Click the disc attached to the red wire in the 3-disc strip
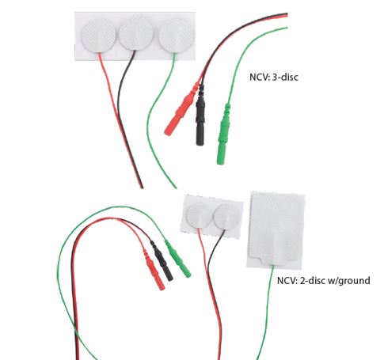pyautogui.click(x=98, y=36)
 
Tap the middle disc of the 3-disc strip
pyautogui.click(x=136, y=33)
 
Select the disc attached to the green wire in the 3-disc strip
pyautogui.click(x=176, y=36)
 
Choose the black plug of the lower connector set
pyautogui.click(x=162, y=260)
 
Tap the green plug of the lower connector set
pyautogui.click(x=178, y=259)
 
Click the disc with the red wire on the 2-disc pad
pyautogui.click(x=199, y=216)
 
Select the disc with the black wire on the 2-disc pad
pyautogui.click(x=226, y=217)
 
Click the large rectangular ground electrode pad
pyautogui.click(x=276, y=230)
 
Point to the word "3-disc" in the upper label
pyautogui.click(x=285, y=77)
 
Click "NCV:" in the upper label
pyautogui.click(x=260, y=77)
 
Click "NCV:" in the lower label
pyautogui.click(x=287, y=280)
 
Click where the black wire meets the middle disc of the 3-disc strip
pyautogui.click(x=135, y=51)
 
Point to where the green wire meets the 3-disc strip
pyautogui.click(x=174, y=53)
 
